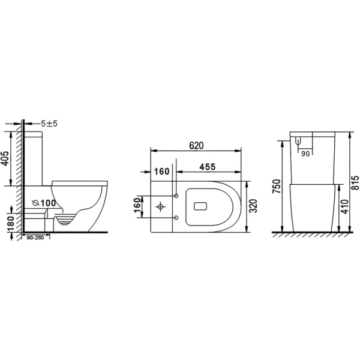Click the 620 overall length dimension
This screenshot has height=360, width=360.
(196, 146)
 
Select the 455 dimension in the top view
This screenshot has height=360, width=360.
(208, 167)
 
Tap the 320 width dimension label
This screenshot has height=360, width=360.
(253, 206)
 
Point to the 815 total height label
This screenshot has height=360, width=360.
(355, 183)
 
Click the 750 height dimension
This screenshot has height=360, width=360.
(277, 186)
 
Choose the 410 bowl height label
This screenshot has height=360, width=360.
(344, 206)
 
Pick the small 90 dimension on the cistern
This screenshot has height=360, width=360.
(305, 154)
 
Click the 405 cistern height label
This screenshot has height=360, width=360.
(5, 158)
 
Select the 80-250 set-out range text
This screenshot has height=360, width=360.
(35, 238)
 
